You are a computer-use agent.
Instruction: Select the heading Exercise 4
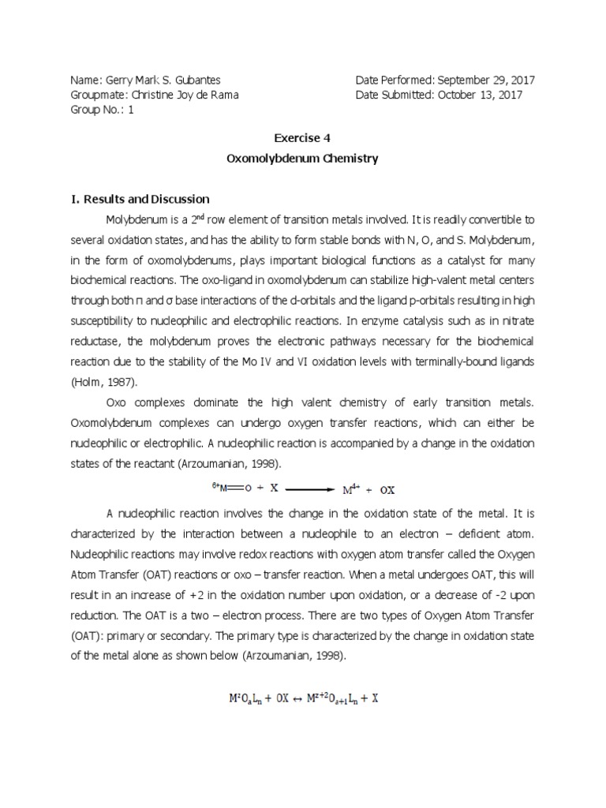coord(302,137)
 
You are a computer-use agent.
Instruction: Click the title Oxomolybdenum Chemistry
coord(302,159)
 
